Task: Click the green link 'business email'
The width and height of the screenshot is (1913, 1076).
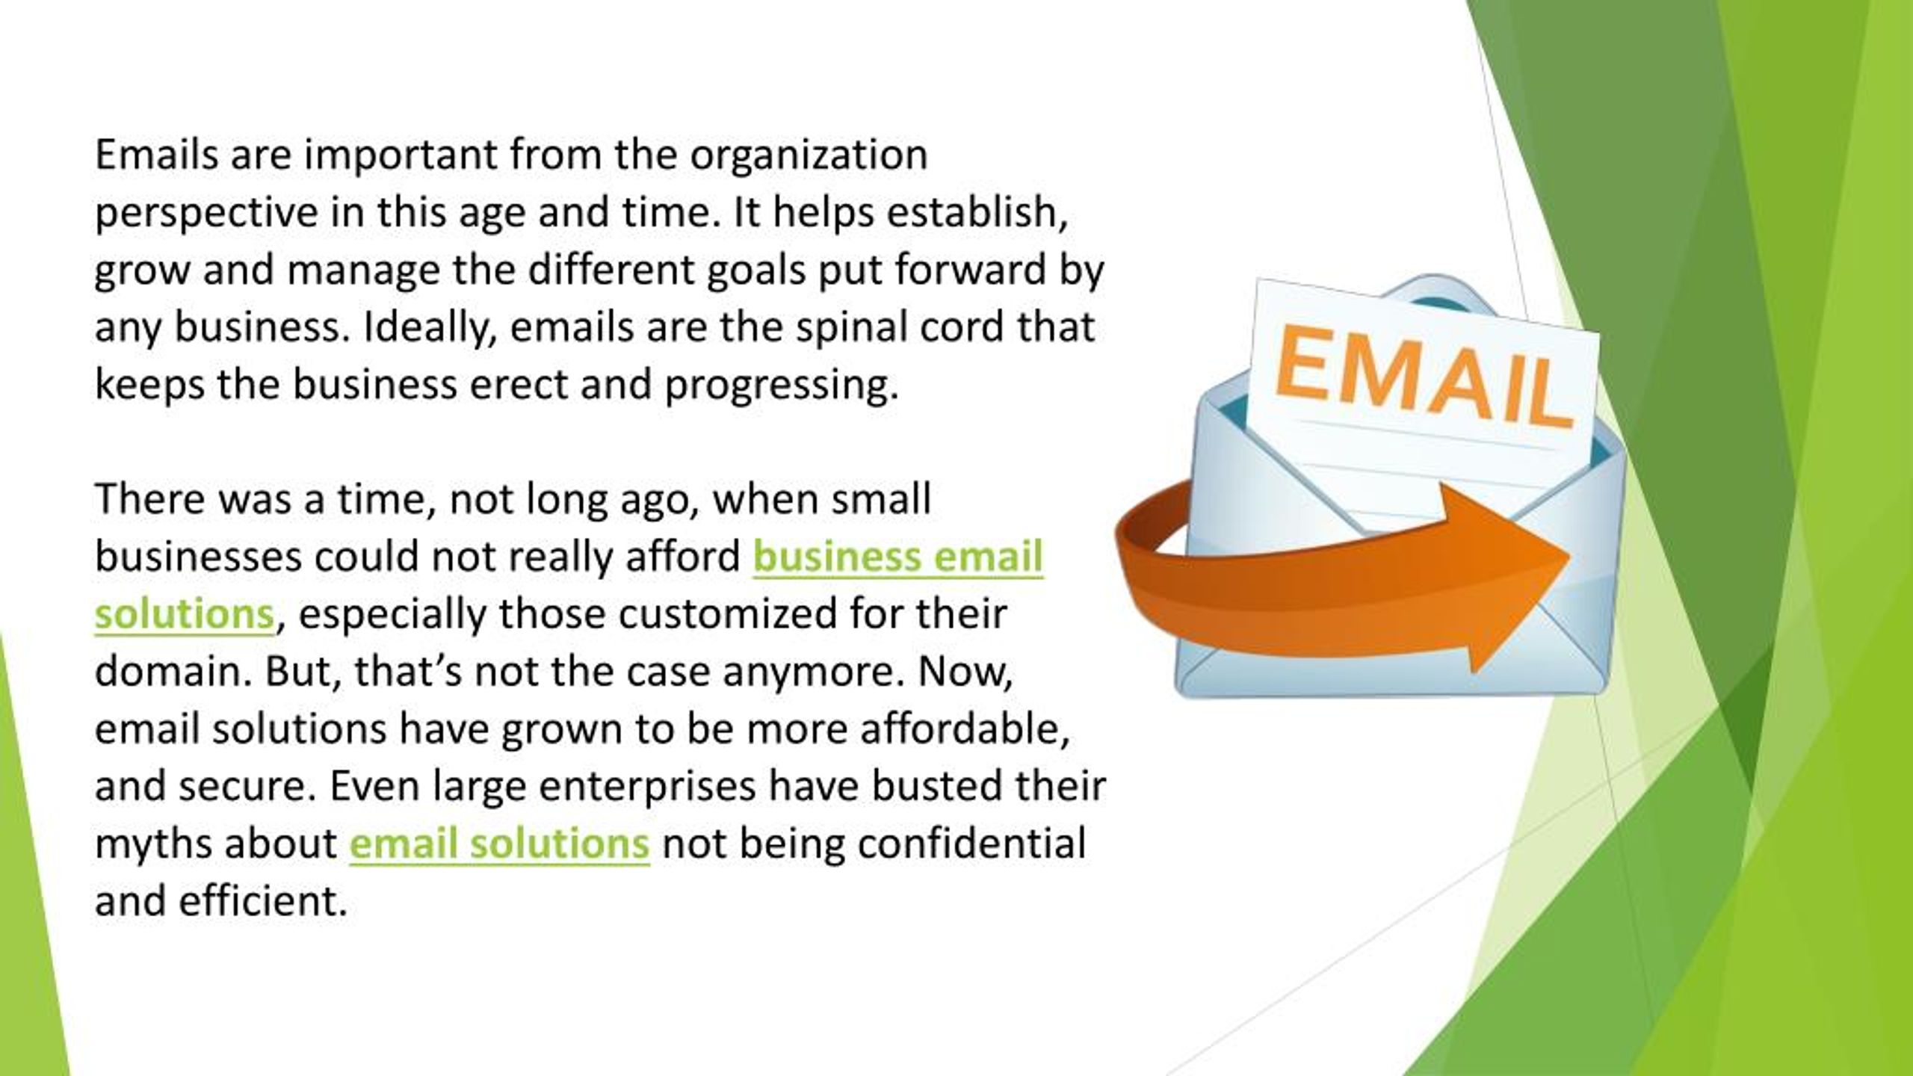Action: click(x=897, y=557)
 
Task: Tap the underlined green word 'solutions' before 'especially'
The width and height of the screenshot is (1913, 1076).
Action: click(x=185, y=615)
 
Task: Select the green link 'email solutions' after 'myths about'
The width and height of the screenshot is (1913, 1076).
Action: click(x=499, y=844)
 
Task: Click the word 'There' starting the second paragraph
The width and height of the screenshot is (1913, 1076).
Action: click(x=150, y=499)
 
